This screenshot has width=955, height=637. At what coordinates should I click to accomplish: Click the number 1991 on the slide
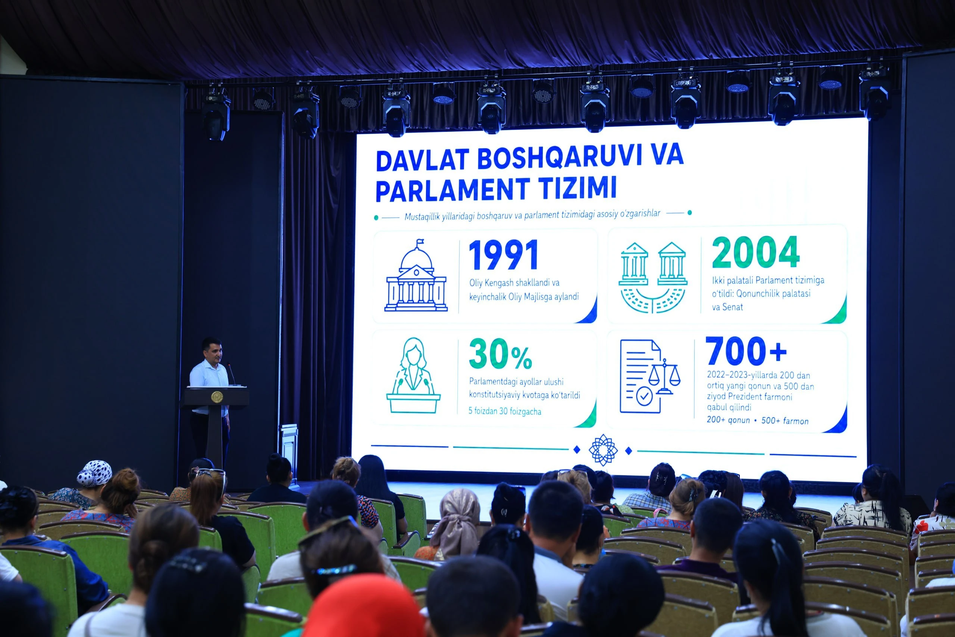[x=504, y=255]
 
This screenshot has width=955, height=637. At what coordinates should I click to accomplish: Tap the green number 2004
[x=756, y=252]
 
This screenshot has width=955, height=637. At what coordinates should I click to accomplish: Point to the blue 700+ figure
[x=746, y=351]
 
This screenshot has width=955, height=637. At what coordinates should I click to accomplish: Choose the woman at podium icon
[x=413, y=375]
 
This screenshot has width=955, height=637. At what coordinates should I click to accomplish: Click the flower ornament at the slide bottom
[x=603, y=450]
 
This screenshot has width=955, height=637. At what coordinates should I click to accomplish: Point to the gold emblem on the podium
[x=216, y=397]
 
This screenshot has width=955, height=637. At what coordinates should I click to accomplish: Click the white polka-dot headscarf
[x=94, y=473]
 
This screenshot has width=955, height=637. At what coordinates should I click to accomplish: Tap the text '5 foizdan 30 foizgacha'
[x=505, y=411]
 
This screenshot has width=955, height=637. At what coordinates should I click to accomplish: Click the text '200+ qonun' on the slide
[x=728, y=420]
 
